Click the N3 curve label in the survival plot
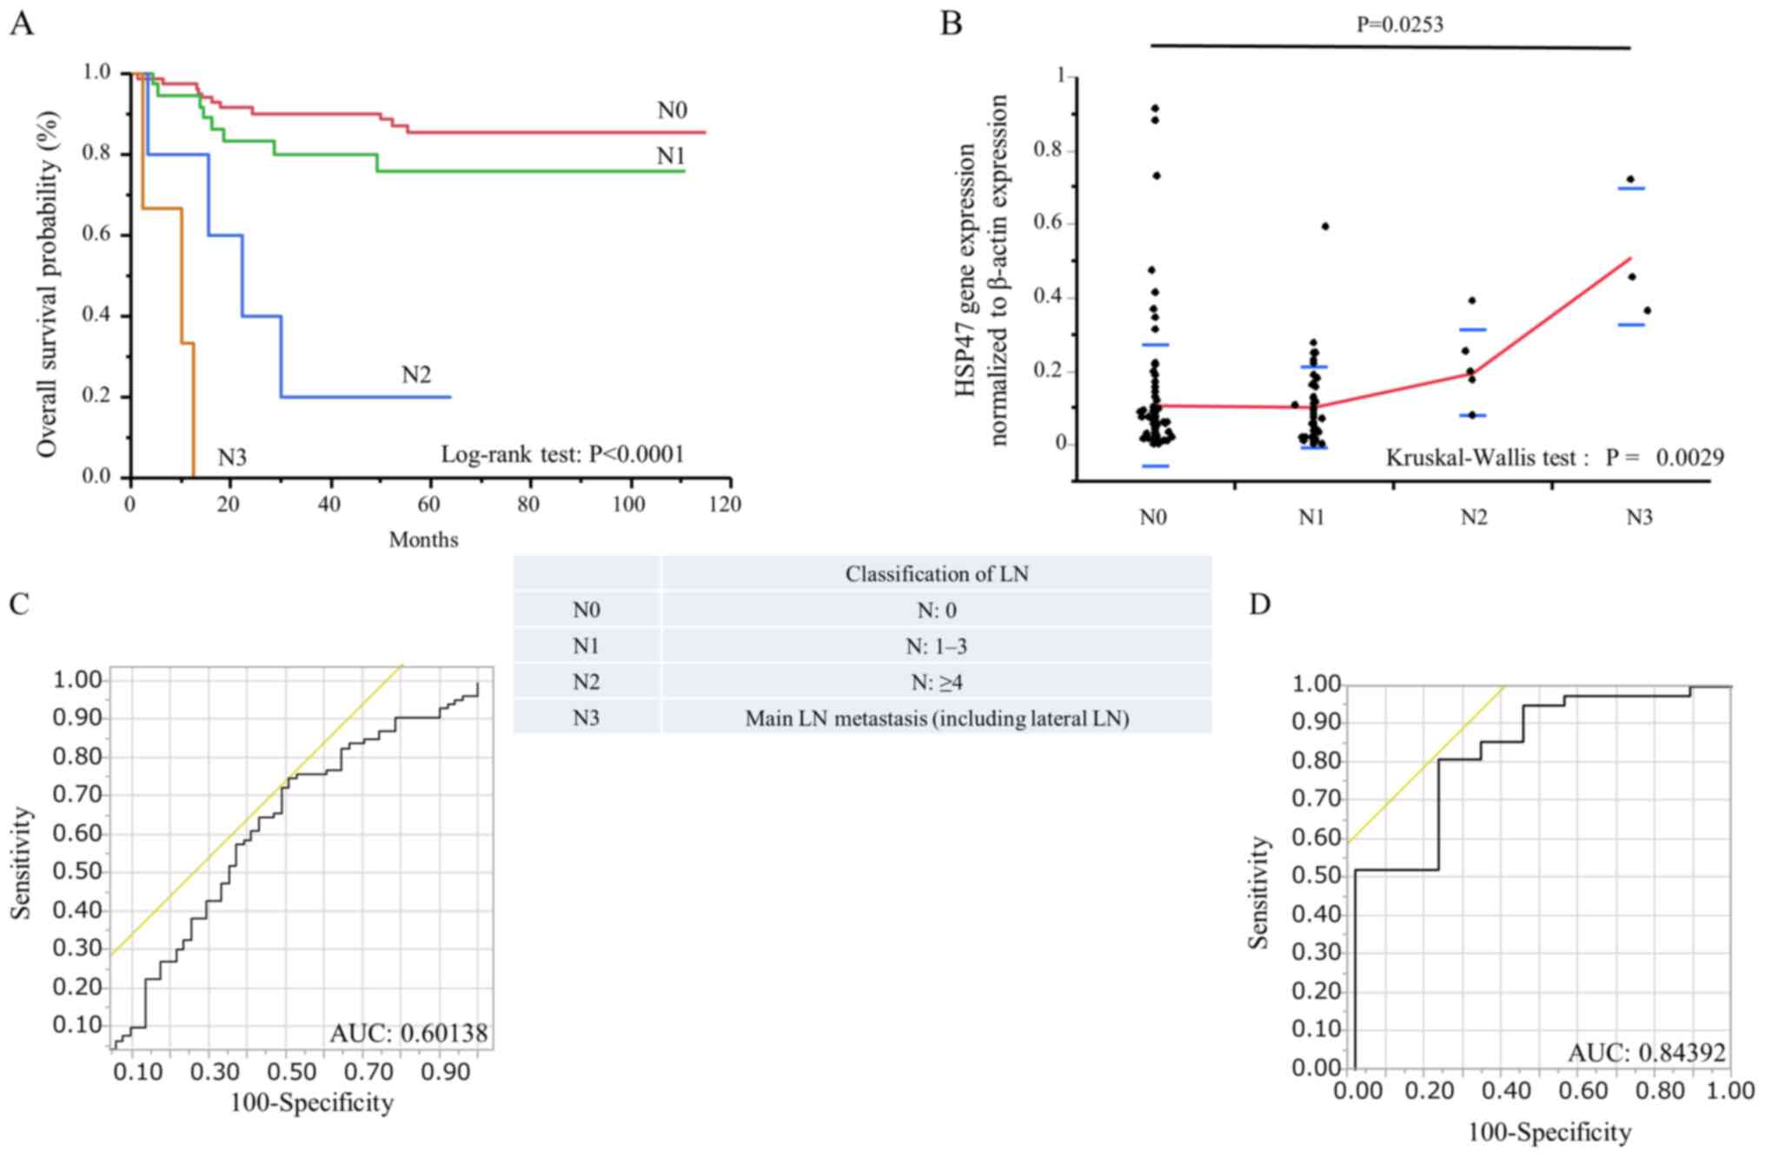coord(232,457)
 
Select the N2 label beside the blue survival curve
coord(416,374)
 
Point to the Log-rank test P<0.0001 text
coord(562,453)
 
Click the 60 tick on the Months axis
coord(428,504)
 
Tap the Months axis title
coord(423,539)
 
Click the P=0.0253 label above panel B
coord(1400,24)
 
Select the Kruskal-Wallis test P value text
coord(1554,457)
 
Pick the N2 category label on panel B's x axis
coord(1473,518)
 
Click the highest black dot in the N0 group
coord(1155,109)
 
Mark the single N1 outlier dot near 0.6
coord(1325,226)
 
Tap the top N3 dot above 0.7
coord(1630,179)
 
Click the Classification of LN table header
coord(936,574)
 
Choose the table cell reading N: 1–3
coord(936,646)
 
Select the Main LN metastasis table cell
coord(936,718)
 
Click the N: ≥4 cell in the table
coord(936,683)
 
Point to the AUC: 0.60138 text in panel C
coord(408,1033)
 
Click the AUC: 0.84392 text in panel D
coord(1647,1053)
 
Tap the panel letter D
coord(1259,604)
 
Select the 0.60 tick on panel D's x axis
coord(1580,1090)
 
